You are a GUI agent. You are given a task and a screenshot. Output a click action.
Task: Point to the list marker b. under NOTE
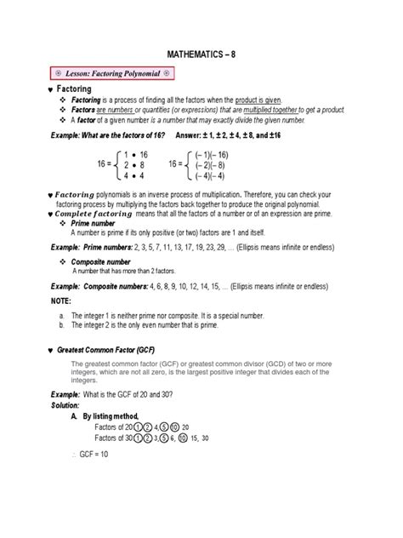coord(62,325)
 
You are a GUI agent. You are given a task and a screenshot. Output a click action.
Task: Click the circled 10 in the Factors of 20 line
coord(174,426)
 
